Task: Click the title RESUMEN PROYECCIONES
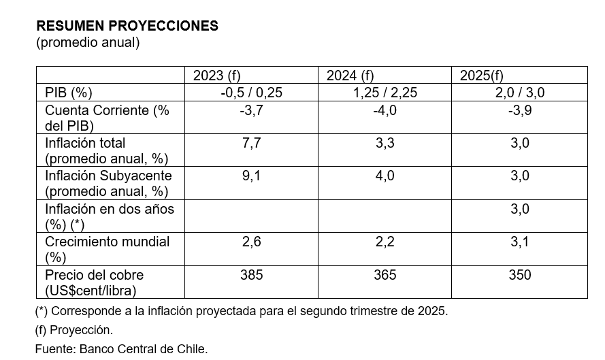pyautogui.click(x=127, y=26)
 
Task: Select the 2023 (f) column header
pyautogui.click(x=216, y=76)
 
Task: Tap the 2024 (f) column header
pyautogui.click(x=350, y=76)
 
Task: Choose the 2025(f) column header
pyautogui.click(x=481, y=76)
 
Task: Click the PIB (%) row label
pyautogui.click(x=68, y=93)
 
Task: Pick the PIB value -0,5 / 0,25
pyautogui.click(x=251, y=93)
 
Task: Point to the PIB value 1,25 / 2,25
pyautogui.click(x=385, y=93)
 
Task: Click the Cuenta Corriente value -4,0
pyautogui.click(x=385, y=110)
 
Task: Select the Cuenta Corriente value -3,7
pyautogui.click(x=251, y=110)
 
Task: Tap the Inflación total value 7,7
pyautogui.click(x=251, y=143)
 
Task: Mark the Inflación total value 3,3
pyautogui.click(x=385, y=143)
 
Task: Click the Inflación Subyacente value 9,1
pyautogui.click(x=251, y=176)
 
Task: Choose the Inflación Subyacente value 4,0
pyautogui.click(x=385, y=176)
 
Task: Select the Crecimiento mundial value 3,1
pyautogui.click(x=519, y=242)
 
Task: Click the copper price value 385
pyautogui.click(x=251, y=275)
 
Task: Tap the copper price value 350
pyautogui.click(x=519, y=275)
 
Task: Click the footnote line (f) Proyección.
pyautogui.click(x=74, y=330)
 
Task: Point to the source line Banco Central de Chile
pyautogui.click(x=121, y=349)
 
